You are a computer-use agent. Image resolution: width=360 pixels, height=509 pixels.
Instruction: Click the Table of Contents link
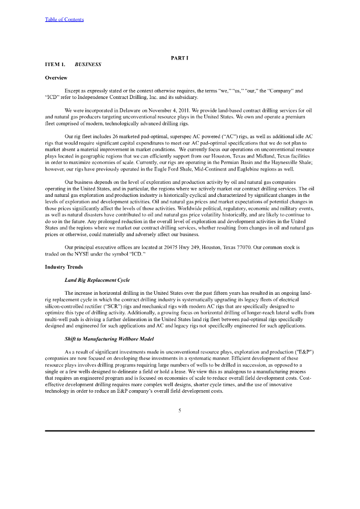click(x=64, y=19)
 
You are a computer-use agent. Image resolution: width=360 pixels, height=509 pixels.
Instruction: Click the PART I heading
click(x=180, y=58)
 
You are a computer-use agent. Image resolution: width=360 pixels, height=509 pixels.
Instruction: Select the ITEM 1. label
click(x=55, y=65)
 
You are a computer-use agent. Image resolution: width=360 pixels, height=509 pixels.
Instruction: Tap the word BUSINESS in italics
click(x=88, y=65)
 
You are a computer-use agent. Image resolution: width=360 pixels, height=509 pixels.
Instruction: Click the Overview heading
click(x=56, y=78)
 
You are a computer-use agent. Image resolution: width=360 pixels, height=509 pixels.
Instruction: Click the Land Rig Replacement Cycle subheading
click(x=97, y=280)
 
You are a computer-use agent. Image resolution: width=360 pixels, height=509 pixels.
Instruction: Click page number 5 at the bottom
click(x=180, y=410)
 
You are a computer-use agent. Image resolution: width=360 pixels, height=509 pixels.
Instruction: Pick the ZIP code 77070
click(x=239, y=247)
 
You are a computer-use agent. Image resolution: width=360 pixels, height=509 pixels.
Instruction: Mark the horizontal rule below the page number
click(x=180, y=430)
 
